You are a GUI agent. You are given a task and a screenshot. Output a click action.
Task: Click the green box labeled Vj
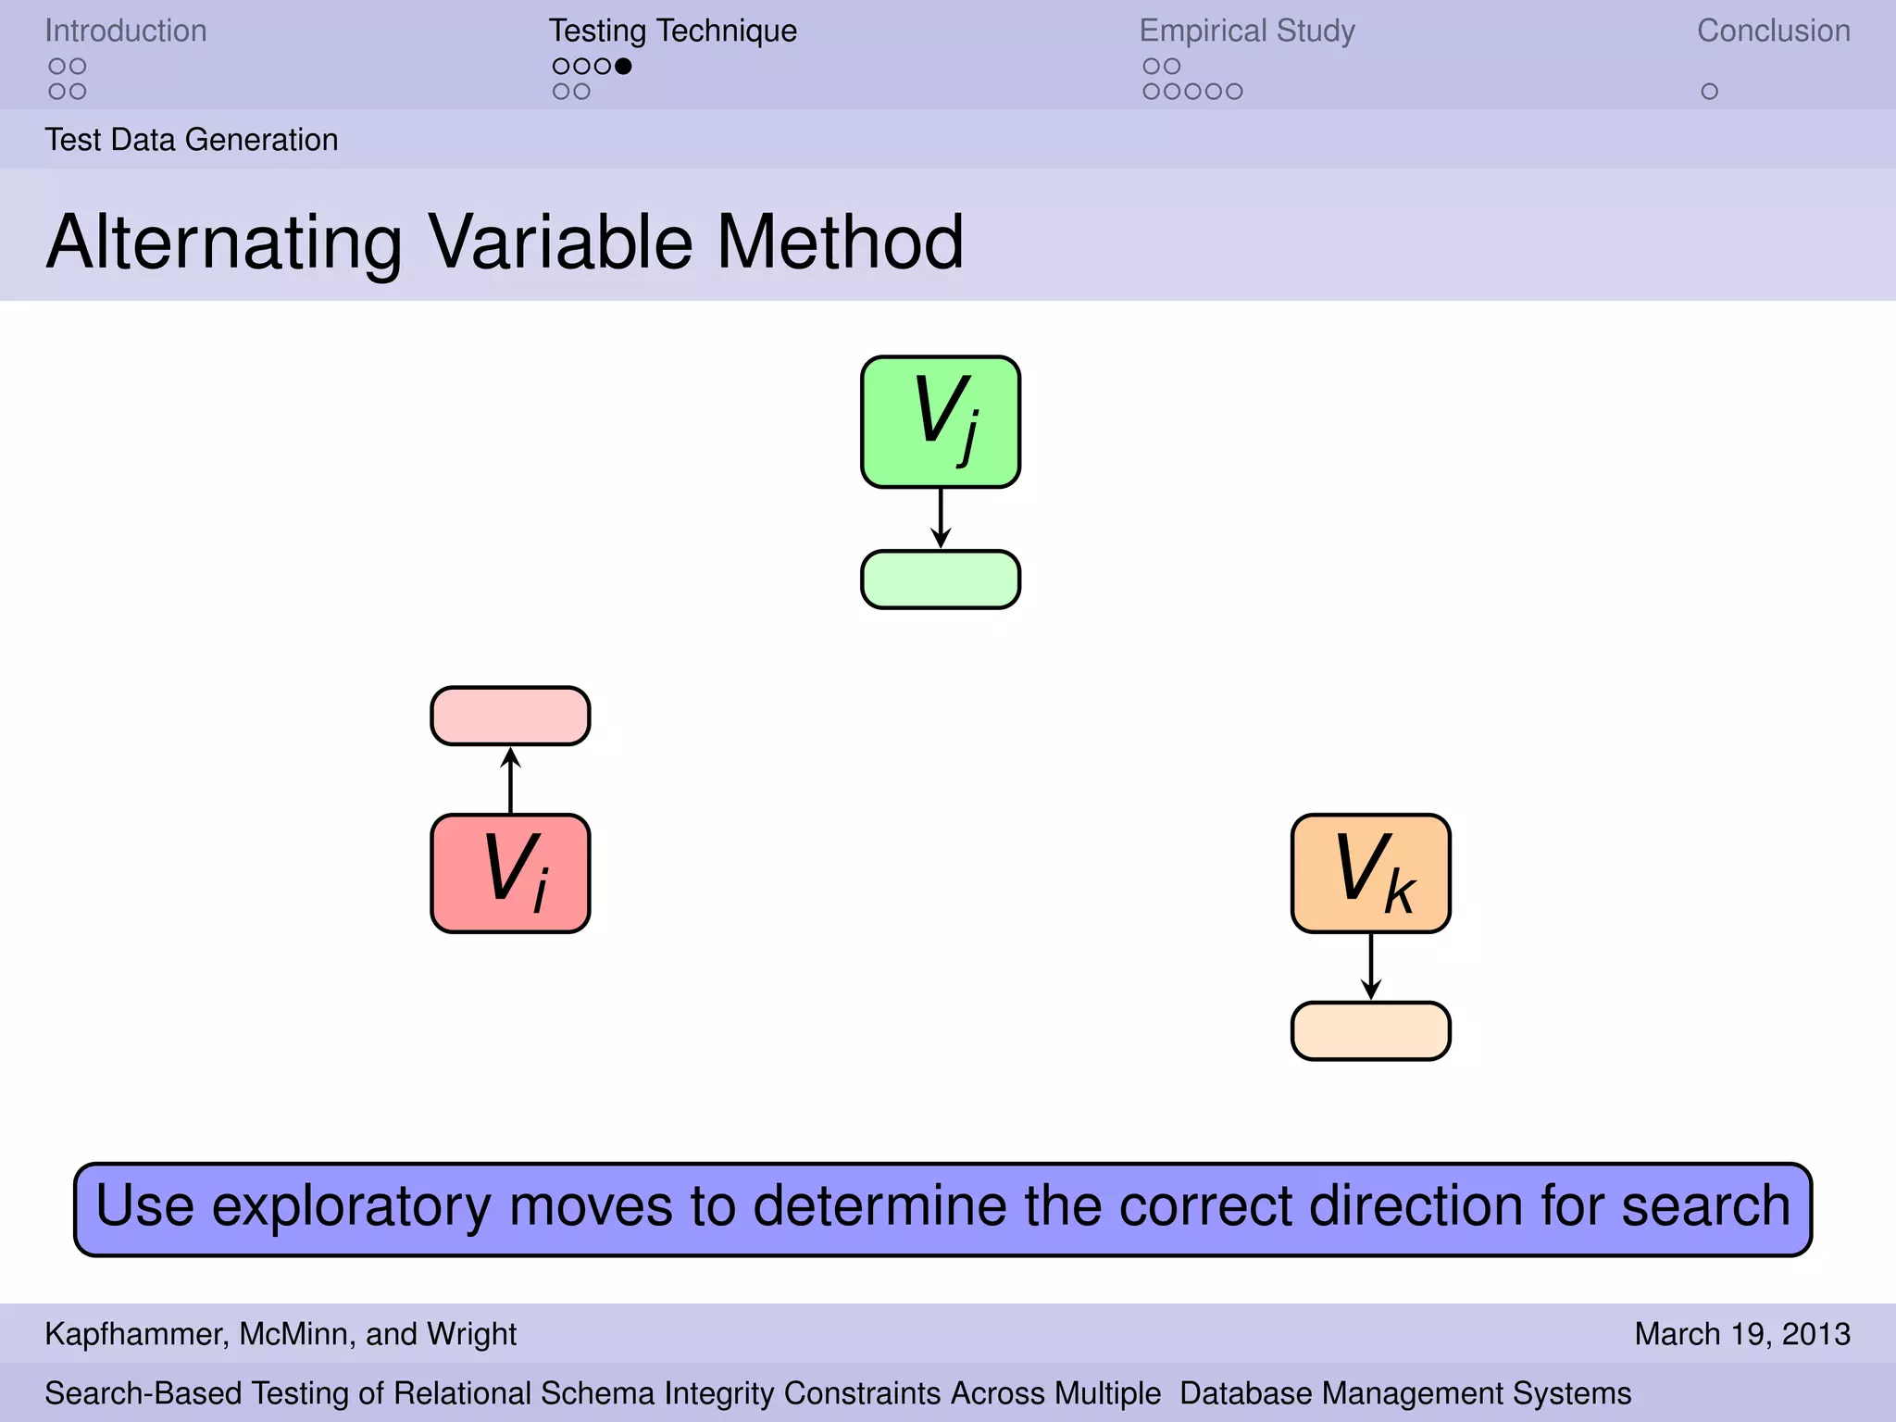pyautogui.click(x=941, y=421)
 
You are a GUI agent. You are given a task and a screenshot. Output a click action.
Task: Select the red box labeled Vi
pyautogui.click(x=510, y=873)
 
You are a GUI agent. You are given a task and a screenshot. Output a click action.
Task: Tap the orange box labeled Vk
pyautogui.click(x=1370, y=873)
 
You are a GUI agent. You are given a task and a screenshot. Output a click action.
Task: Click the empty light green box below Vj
pyautogui.click(x=941, y=580)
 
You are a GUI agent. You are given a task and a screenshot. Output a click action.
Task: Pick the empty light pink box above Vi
pyautogui.click(x=510, y=716)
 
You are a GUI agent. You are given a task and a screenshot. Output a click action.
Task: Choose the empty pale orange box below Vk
pyautogui.click(x=1370, y=1030)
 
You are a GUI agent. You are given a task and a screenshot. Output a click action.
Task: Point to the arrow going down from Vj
pyautogui.click(x=941, y=518)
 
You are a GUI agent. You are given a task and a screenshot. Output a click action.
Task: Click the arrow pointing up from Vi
pyautogui.click(x=510, y=780)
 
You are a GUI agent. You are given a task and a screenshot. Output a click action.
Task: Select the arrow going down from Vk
pyautogui.click(x=1370, y=967)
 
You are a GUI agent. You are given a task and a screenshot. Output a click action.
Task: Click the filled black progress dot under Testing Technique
pyautogui.click(x=623, y=66)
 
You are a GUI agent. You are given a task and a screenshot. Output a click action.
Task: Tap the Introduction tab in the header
pyautogui.click(x=126, y=31)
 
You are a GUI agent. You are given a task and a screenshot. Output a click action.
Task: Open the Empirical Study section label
pyautogui.click(x=1246, y=31)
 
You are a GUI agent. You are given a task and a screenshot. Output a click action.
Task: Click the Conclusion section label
pyautogui.click(x=1773, y=31)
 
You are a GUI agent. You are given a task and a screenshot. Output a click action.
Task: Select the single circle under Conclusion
pyautogui.click(x=1709, y=92)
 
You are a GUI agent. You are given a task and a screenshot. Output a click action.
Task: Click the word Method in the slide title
pyautogui.click(x=840, y=243)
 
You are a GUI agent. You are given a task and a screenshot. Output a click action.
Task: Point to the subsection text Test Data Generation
pyautogui.click(x=192, y=140)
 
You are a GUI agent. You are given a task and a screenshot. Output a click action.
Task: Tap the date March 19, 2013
pyautogui.click(x=1741, y=1334)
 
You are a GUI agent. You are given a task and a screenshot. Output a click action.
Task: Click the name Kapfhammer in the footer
pyautogui.click(x=133, y=1334)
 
